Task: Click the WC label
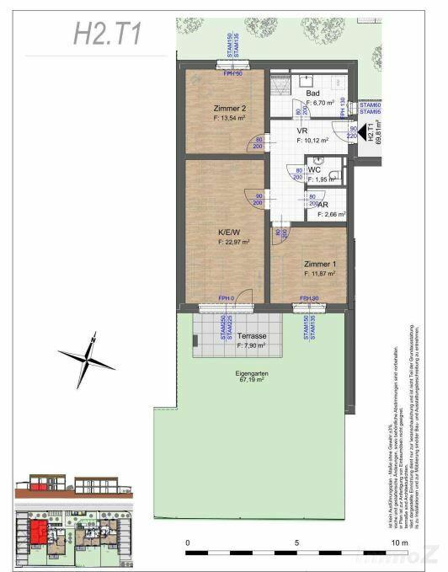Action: tap(313, 169)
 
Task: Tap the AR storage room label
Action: tap(323, 205)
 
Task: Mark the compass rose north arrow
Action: tap(88, 357)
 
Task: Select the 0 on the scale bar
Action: tap(188, 543)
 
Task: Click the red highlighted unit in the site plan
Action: tap(37, 532)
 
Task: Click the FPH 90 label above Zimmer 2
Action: tap(232, 73)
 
